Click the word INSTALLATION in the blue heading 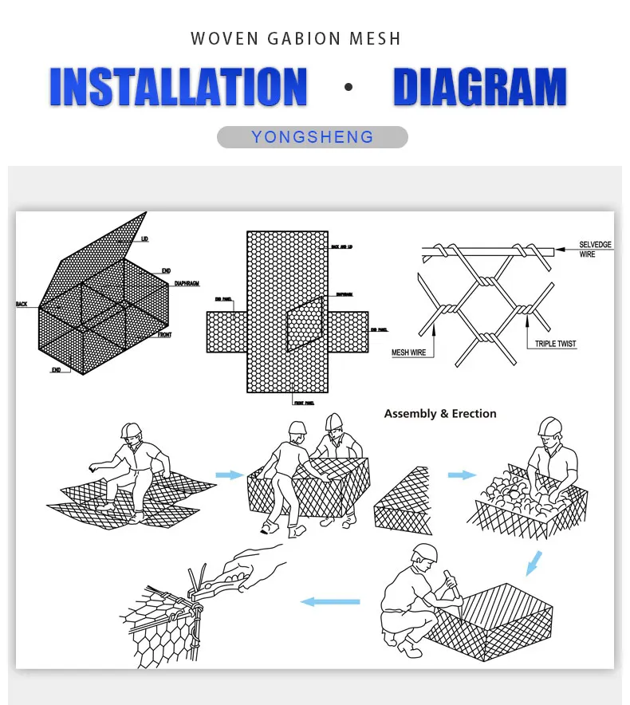[x=178, y=87]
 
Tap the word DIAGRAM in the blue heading [x=480, y=87]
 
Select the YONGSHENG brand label [x=313, y=137]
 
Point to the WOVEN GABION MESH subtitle [x=296, y=38]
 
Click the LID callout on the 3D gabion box [x=144, y=238]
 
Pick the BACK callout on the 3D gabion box [x=22, y=305]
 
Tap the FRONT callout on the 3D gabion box [x=163, y=335]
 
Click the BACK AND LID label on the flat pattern [x=341, y=247]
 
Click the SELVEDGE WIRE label [x=597, y=249]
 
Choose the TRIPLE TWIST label [x=555, y=344]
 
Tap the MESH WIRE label [x=408, y=352]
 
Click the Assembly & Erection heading [x=439, y=414]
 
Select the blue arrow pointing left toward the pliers [x=329, y=601]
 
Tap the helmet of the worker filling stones [x=549, y=426]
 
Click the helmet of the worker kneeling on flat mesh [x=130, y=430]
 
